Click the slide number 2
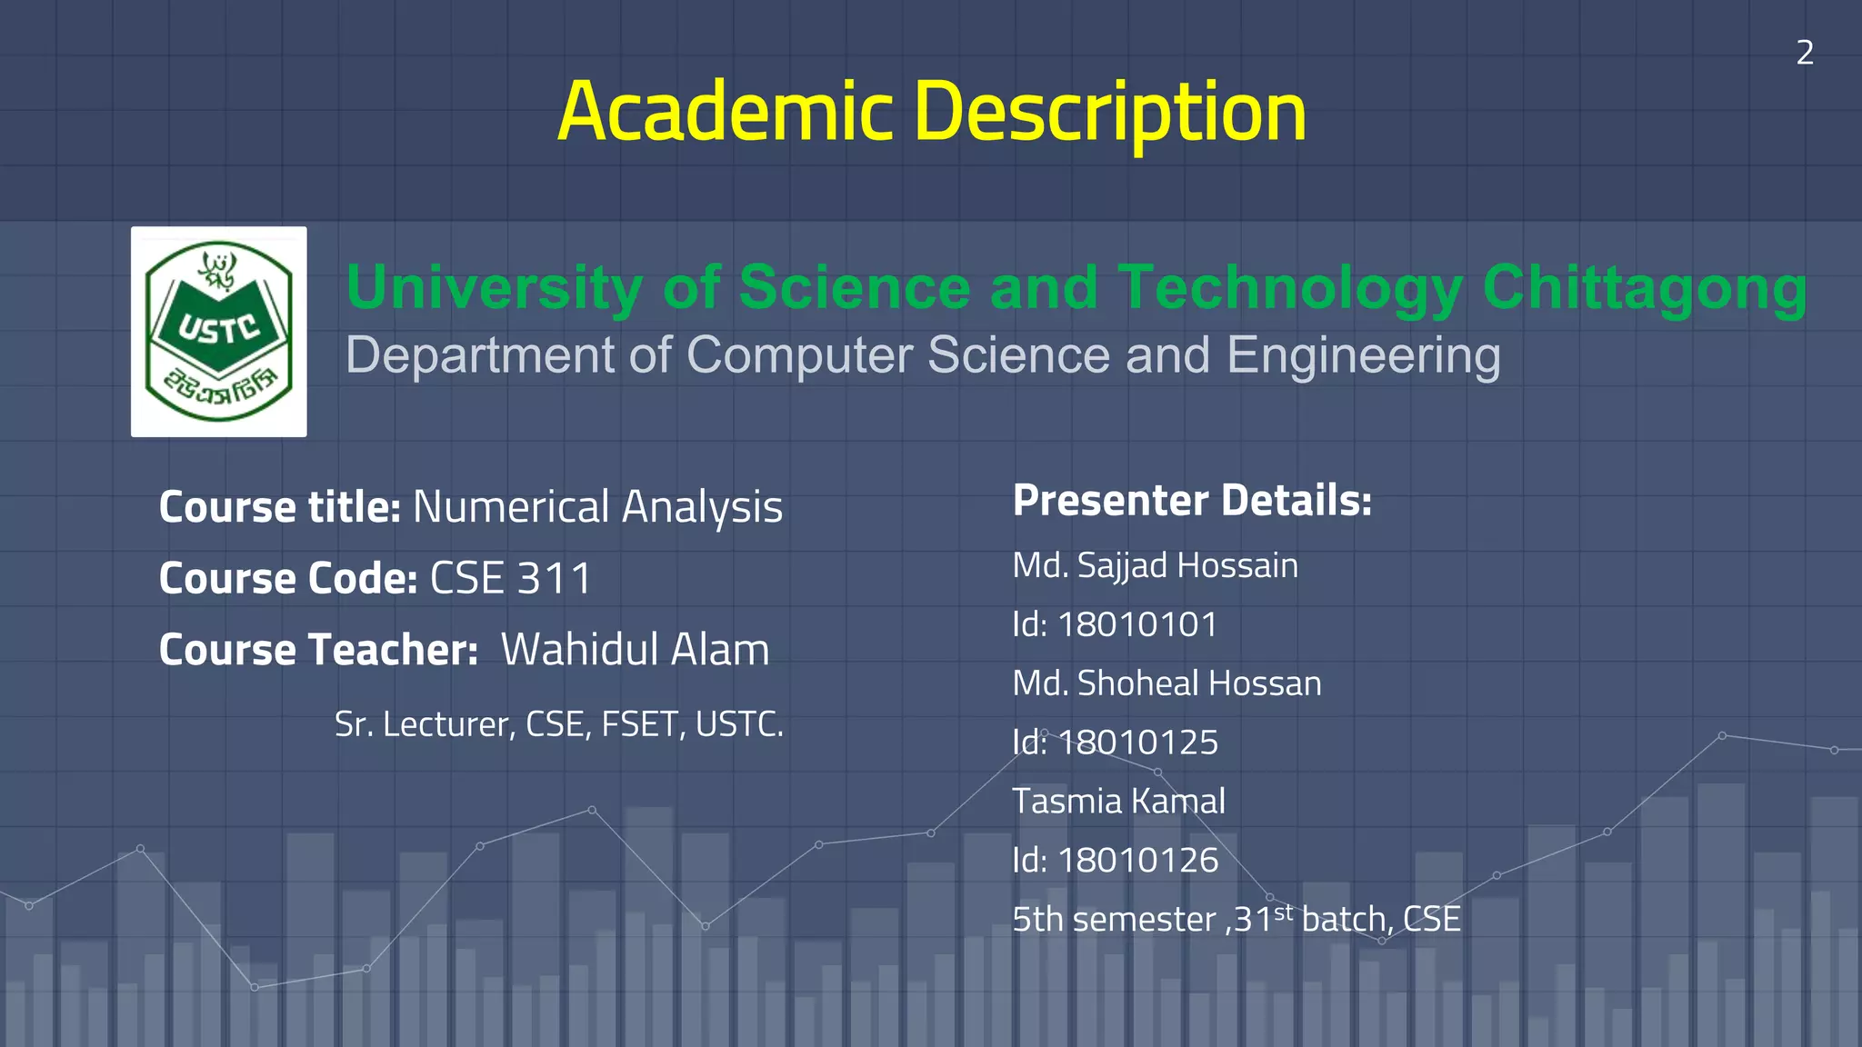point(1805,53)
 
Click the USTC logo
point(218,332)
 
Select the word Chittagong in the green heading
point(1644,287)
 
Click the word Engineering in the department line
point(1363,354)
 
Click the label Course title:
point(279,507)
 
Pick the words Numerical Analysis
point(597,507)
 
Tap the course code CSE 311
point(510,579)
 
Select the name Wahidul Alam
point(635,650)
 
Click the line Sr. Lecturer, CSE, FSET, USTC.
point(558,724)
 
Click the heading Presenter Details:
point(1192,501)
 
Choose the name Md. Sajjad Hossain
point(1155,565)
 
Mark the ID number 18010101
point(1137,624)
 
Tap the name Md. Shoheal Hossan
point(1166,683)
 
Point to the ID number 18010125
point(1137,743)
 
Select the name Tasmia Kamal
point(1118,802)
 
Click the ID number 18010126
point(1137,860)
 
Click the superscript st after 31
point(1283,912)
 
